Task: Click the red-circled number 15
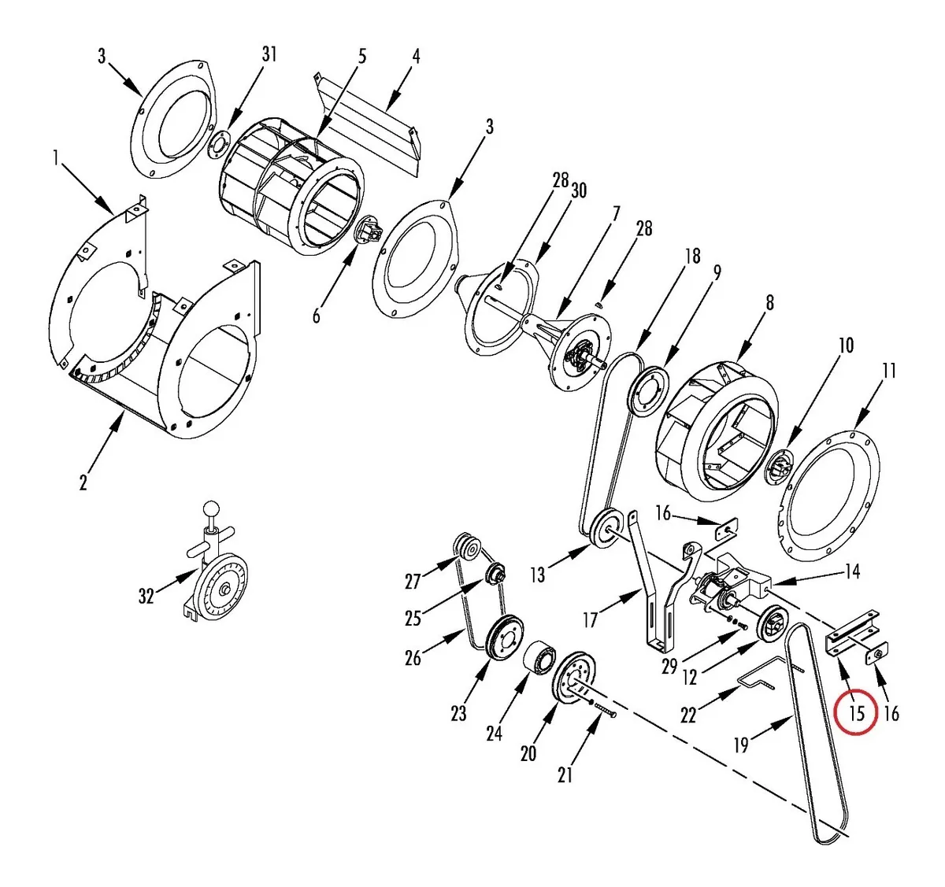[856, 713]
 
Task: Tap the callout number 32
[146, 596]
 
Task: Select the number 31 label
[269, 54]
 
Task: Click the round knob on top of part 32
[210, 508]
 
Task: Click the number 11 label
[888, 371]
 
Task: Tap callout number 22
[688, 715]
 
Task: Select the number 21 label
[565, 775]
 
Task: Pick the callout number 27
[413, 581]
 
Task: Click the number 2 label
[83, 482]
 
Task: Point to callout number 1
[56, 158]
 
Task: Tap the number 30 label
[579, 190]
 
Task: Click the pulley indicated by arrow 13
[606, 530]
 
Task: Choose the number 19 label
[741, 745]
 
